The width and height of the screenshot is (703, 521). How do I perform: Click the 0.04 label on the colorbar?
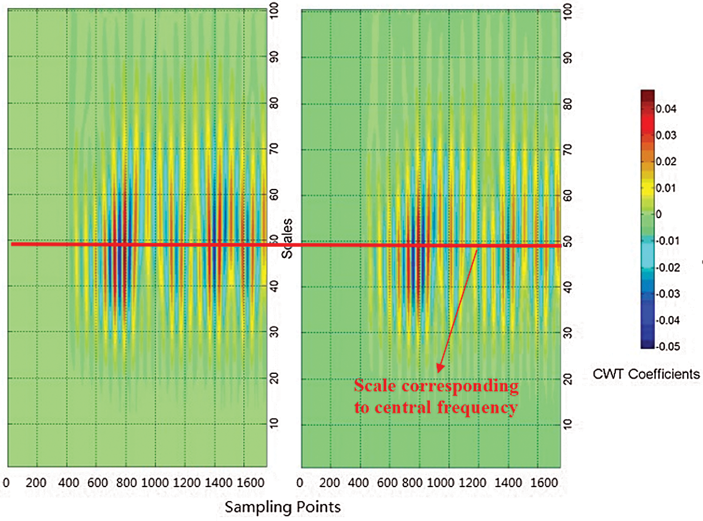coord(666,109)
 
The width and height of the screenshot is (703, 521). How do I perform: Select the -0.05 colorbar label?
coord(667,346)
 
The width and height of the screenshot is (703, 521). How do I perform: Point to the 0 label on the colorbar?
coord(658,214)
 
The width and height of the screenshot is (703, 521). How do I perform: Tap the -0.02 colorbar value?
coord(667,267)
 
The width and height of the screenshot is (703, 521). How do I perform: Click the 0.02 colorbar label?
coord(666,162)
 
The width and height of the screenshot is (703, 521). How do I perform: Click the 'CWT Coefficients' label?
coord(646,374)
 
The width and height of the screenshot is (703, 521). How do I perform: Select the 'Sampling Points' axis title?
coord(283,507)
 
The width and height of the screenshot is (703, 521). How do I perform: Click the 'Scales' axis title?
coord(287,238)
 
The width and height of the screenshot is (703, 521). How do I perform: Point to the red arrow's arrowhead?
coord(440,368)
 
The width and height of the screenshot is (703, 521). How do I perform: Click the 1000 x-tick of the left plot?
coord(155,483)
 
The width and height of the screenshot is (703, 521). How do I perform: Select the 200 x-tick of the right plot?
coord(329,483)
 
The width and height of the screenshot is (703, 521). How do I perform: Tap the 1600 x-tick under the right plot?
coord(544,483)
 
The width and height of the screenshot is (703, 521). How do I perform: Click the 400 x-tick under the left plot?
coord(68,483)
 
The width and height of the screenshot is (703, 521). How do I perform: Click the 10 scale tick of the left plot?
coord(274,423)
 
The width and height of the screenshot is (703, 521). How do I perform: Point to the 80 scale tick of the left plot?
coord(274,103)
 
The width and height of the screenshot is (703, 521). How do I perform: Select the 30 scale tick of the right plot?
coord(568,333)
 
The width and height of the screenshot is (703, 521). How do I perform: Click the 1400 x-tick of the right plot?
coord(509,483)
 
